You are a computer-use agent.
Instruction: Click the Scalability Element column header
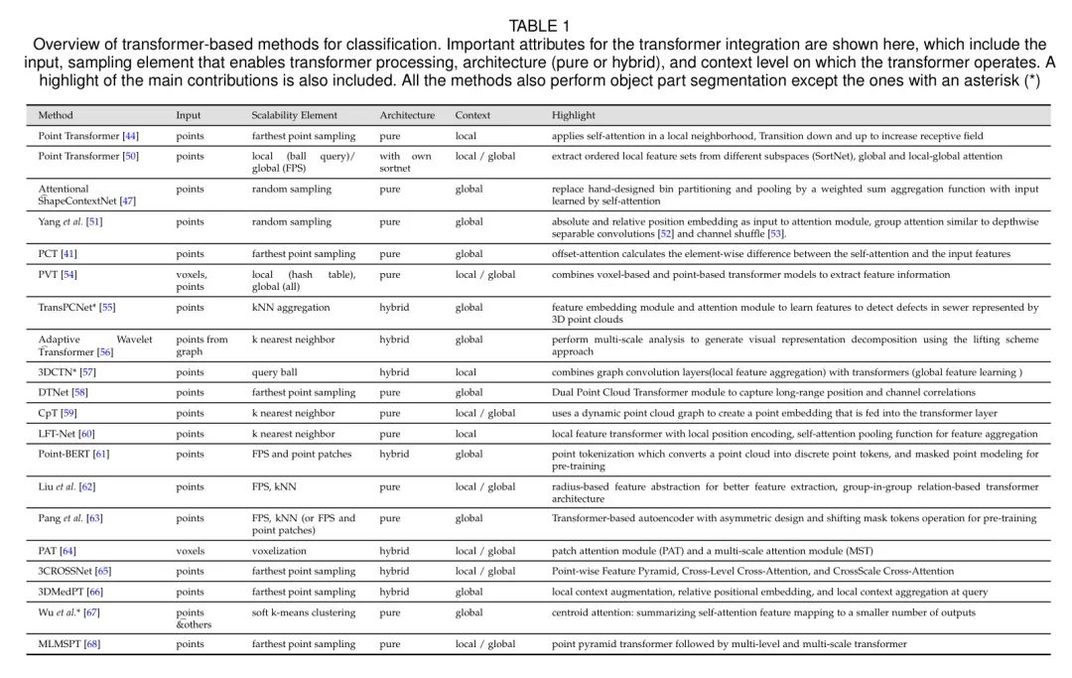click(x=294, y=115)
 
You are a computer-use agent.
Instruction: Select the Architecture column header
click(x=407, y=115)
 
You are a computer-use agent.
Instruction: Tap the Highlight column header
click(x=574, y=115)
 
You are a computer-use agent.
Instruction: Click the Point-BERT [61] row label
click(x=73, y=454)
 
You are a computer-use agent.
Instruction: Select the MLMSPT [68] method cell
click(x=68, y=644)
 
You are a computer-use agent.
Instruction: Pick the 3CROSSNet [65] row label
click(x=74, y=571)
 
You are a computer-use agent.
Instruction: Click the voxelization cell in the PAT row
click(x=279, y=550)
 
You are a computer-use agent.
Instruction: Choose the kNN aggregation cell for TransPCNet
click(x=291, y=308)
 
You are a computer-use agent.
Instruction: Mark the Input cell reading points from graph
click(x=201, y=345)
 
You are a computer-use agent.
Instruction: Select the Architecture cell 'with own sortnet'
click(x=405, y=162)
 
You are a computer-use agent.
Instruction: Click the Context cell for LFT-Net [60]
click(x=466, y=434)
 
